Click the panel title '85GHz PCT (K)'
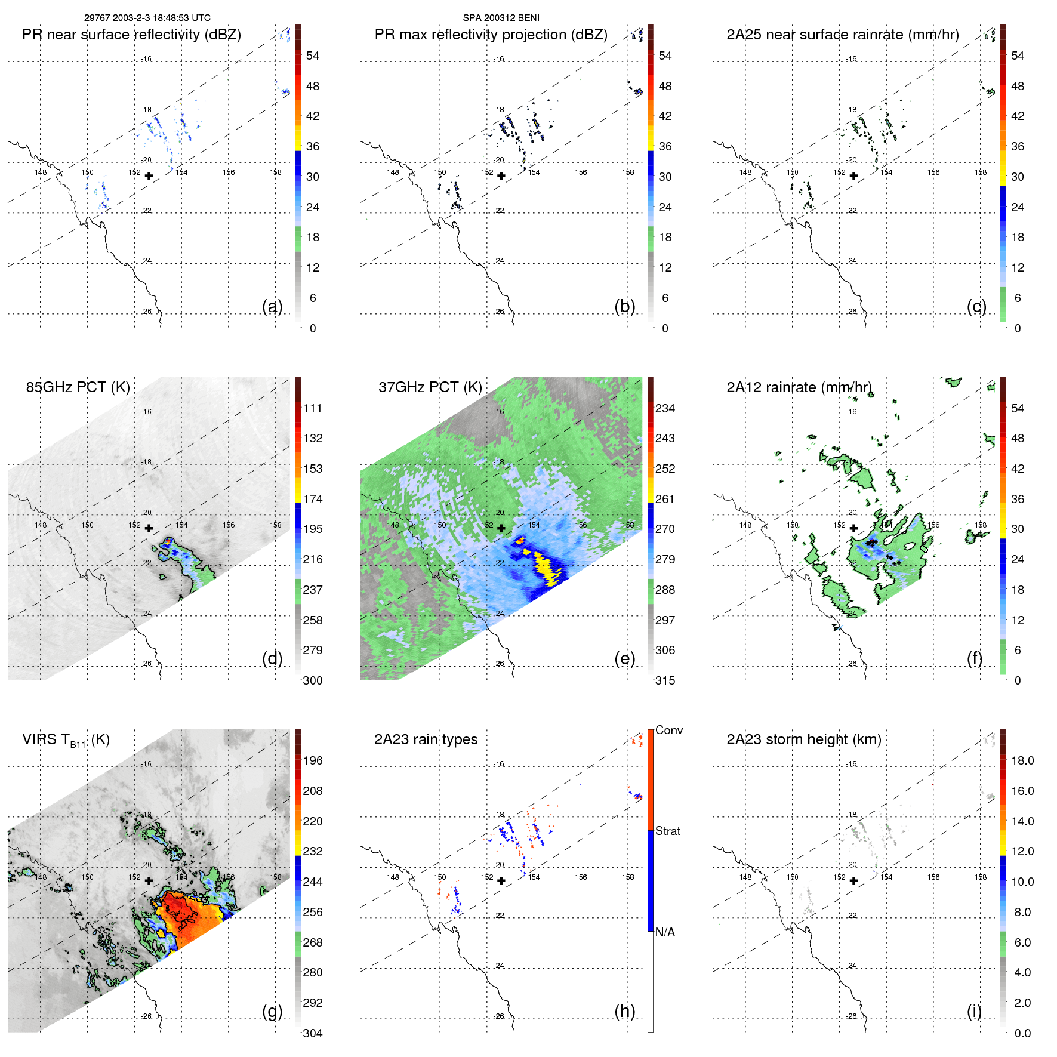pos(78,387)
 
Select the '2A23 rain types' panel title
pos(426,739)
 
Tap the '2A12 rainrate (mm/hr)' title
pos(799,387)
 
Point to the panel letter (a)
pos(272,306)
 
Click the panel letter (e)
pos(624,658)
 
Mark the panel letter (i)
pos(974,1011)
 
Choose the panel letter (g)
pos(272,1011)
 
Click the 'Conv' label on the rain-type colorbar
pos(668,730)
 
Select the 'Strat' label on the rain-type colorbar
pos(667,831)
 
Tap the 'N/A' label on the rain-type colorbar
pos(665,932)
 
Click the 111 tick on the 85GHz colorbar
pos(312,408)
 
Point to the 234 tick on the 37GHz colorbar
pos(665,408)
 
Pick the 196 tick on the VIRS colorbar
pos(312,760)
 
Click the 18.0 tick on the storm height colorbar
pos(1022,760)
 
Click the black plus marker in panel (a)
pos(149,175)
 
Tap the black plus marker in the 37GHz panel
pos(501,528)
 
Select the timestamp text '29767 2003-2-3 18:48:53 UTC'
pos(147,18)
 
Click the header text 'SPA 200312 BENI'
pos(501,18)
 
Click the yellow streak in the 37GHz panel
pos(546,567)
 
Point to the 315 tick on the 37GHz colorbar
pos(665,680)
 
